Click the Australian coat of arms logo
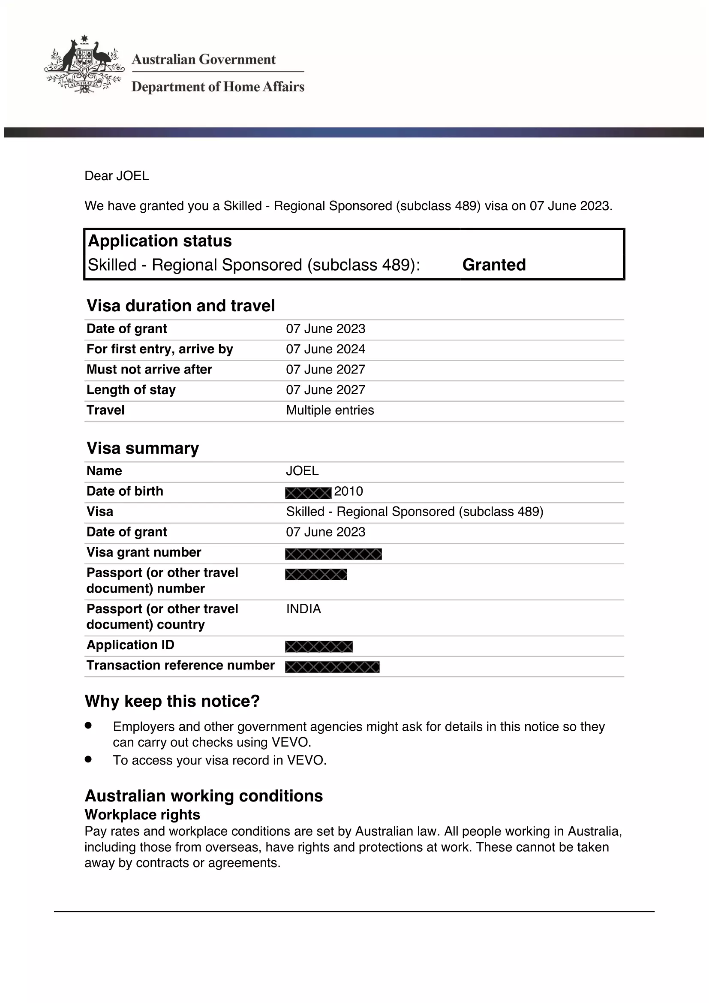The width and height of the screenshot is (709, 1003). (84, 65)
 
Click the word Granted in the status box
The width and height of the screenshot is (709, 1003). (494, 265)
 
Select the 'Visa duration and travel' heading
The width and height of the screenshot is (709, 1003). (181, 306)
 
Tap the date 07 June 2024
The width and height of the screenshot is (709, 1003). (325, 349)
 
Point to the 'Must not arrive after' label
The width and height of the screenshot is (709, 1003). (149, 370)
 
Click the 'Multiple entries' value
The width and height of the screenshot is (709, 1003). (330, 410)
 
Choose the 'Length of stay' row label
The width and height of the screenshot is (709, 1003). (131, 390)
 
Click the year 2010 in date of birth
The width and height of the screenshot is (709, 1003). (348, 491)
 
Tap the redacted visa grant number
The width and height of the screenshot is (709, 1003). (333, 554)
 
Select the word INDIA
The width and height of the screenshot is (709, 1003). (303, 609)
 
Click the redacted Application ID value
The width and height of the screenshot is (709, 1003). (318, 647)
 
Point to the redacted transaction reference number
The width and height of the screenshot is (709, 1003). (332, 667)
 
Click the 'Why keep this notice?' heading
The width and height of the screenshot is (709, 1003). (172, 701)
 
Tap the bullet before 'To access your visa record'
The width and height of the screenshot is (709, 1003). (89, 759)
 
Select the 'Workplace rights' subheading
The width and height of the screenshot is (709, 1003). (142, 815)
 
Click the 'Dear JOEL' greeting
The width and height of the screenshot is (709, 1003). (117, 176)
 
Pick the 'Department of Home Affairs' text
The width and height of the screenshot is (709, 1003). (218, 87)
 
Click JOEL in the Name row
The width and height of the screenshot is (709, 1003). (302, 471)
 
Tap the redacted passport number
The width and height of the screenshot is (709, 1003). (315, 575)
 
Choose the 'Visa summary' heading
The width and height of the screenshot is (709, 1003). (143, 448)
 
